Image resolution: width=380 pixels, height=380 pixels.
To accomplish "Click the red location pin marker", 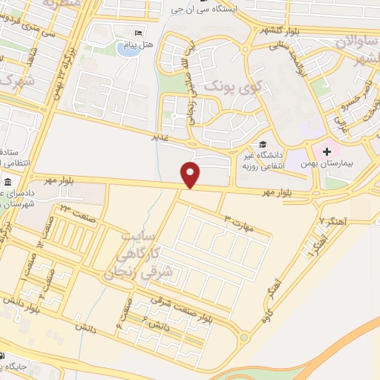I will tap(191, 174).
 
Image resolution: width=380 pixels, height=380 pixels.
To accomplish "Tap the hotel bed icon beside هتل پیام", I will tap(137, 34).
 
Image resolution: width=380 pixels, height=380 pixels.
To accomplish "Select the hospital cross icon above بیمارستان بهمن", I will tap(327, 151).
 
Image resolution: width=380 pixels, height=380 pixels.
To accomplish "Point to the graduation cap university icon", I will tap(262, 145).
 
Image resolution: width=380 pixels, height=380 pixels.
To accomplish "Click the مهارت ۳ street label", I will tap(240, 222).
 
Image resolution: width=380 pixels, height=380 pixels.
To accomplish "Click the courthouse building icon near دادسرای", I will tap(8, 183).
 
